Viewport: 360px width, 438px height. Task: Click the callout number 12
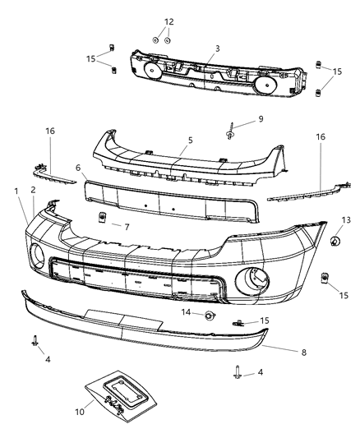(x=168, y=21)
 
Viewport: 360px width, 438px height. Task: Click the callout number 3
(x=217, y=48)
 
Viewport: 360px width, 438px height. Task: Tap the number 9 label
(x=260, y=119)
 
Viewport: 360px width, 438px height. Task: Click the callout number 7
(x=127, y=224)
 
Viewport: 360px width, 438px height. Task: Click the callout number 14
(x=187, y=312)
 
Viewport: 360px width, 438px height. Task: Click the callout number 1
(x=16, y=191)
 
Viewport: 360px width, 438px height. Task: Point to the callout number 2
(x=33, y=190)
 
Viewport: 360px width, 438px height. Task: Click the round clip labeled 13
(x=335, y=241)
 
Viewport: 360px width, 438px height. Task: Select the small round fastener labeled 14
(x=210, y=316)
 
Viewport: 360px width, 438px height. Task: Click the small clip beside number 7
(x=103, y=217)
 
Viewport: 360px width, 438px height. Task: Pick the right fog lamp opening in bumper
(x=249, y=279)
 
